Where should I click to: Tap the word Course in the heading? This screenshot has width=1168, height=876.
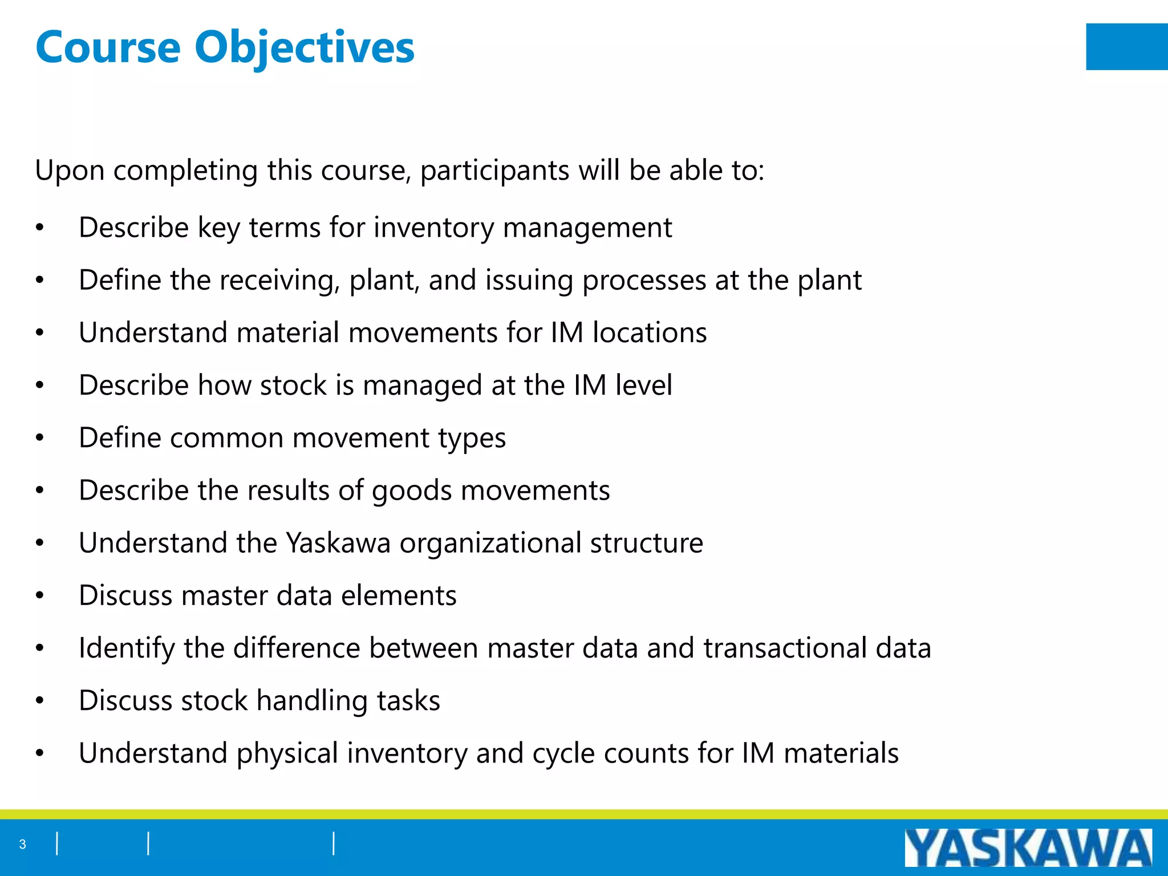108,48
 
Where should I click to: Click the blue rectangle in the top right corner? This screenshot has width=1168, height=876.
1126,47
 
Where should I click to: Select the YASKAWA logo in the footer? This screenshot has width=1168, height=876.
1028,848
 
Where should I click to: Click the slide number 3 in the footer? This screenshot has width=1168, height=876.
22,844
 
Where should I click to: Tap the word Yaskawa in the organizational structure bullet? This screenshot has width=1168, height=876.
338,543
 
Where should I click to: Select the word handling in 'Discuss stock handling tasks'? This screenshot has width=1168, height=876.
312,701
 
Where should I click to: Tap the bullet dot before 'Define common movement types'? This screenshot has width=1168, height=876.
39,438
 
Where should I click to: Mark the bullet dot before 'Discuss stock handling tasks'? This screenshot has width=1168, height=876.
39,701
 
